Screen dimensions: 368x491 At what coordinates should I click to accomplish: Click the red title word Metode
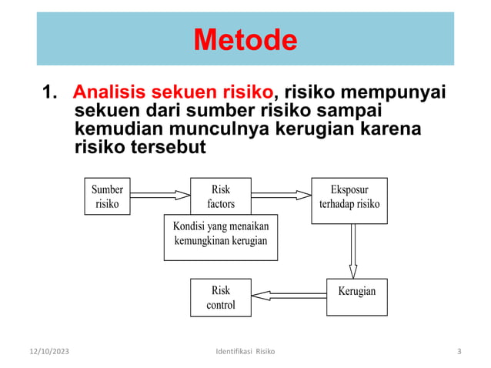pyautogui.click(x=245, y=39)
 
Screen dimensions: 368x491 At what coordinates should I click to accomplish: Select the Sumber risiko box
pyautogui.click(x=107, y=196)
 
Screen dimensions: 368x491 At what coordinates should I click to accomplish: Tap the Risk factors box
pyautogui.click(x=220, y=196)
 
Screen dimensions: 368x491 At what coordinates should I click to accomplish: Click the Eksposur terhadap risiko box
pyautogui.click(x=349, y=200)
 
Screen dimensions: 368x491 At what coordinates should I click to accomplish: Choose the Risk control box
pyautogui.click(x=220, y=297)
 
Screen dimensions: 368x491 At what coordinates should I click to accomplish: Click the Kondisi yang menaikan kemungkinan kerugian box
pyautogui.click(x=220, y=236)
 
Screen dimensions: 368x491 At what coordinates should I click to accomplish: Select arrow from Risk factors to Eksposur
pyautogui.click(x=281, y=196)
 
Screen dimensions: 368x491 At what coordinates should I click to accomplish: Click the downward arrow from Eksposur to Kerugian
pyautogui.click(x=353, y=250)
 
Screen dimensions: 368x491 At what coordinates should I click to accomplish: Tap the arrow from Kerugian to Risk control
pyautogui.click(x=289, y=295)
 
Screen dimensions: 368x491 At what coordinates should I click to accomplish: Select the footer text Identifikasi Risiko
pyautogui.click(x=245, y=352)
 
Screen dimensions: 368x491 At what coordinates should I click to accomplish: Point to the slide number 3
pyautogui.click(x=459, y=352)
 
